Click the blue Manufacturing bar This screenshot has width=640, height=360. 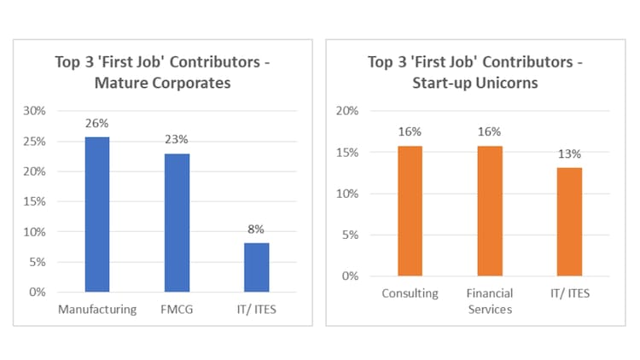97,214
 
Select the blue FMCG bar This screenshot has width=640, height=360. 177,223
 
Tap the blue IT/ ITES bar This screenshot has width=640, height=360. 256,267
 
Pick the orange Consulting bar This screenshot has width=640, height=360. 410,211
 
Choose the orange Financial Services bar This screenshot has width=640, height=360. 490,211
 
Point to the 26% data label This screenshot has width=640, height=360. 97,124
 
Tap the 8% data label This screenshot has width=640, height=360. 256,229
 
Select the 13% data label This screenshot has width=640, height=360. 569,154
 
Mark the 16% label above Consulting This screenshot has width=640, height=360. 410,132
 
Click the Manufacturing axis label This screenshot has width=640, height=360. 97,309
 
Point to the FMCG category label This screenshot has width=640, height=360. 177,309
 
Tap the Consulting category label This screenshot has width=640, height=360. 410,293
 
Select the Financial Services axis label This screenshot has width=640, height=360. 490,301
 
